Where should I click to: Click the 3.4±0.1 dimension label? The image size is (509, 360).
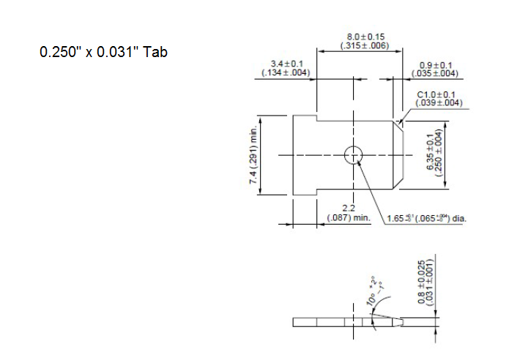click(x=287, y=64)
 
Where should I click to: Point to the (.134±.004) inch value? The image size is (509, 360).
click(x=286, y=73)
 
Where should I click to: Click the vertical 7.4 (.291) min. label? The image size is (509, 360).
click(x=253, y=155)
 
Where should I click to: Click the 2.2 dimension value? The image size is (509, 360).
click(x=349, y=209)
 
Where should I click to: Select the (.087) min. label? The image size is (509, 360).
click(x=349, y=218)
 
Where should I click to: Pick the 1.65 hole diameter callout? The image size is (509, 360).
click(x=420, y=218)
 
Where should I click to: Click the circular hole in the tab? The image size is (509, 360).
click(x=353, y=154)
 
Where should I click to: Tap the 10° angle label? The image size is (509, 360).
click(x=374, y=294)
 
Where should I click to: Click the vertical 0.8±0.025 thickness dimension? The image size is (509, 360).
click(x=421, y=281)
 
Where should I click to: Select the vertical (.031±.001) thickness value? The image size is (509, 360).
click(x=431, y=281)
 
